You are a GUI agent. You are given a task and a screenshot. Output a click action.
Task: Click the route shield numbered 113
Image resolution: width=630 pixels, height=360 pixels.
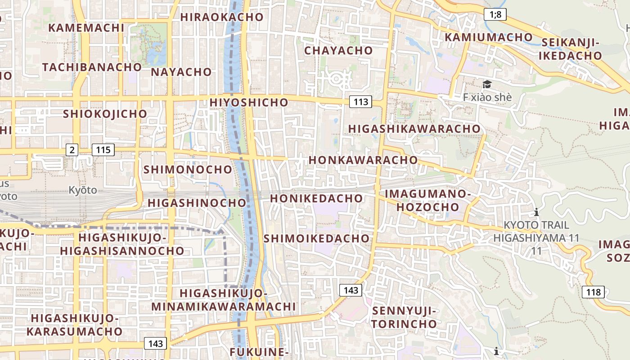(361, 102)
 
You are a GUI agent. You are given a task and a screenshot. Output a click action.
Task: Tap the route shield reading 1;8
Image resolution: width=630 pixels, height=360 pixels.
(495, 15)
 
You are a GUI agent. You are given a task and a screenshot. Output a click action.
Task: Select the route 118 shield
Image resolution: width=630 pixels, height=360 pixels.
(593, 292)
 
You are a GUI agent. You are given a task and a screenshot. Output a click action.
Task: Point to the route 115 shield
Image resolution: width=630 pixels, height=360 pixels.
(103, 150)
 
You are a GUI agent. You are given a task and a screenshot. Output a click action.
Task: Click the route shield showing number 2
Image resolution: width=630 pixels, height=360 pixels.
(72, 150)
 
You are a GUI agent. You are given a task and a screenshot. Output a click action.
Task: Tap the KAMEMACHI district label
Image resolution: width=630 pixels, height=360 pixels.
(86, 27)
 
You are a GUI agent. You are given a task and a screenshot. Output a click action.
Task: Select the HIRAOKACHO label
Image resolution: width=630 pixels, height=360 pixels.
(222, 17)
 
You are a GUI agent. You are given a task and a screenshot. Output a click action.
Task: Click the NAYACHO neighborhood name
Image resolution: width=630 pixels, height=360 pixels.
(181, 72)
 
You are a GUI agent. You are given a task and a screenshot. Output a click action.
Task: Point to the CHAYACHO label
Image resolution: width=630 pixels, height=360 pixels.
(339, 50)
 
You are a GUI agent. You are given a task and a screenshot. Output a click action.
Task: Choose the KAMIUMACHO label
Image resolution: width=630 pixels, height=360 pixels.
(489, 37)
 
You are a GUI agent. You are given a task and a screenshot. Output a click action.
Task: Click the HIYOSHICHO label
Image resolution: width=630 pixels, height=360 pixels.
(249, 102)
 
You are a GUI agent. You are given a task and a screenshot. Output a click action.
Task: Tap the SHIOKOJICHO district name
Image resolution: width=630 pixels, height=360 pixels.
(105, 114)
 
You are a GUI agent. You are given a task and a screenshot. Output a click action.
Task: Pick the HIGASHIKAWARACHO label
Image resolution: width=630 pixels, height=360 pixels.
(414, 129)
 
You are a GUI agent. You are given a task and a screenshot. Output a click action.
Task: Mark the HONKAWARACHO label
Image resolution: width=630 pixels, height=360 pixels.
(363, 160)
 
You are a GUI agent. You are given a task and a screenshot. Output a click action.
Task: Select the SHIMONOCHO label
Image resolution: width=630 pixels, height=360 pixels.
(188, 170)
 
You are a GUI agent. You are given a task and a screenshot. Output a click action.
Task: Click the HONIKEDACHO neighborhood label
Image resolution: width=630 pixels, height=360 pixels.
(316, 198)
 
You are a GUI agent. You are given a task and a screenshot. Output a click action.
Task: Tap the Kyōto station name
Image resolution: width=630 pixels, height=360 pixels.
(83, 190)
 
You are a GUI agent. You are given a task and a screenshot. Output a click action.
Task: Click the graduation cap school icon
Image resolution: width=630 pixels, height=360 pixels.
(487, 85)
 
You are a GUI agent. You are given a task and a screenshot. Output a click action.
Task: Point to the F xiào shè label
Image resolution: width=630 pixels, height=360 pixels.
(487, 97)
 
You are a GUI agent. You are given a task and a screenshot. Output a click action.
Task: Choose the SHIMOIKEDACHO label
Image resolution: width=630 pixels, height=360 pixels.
(316, 238)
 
